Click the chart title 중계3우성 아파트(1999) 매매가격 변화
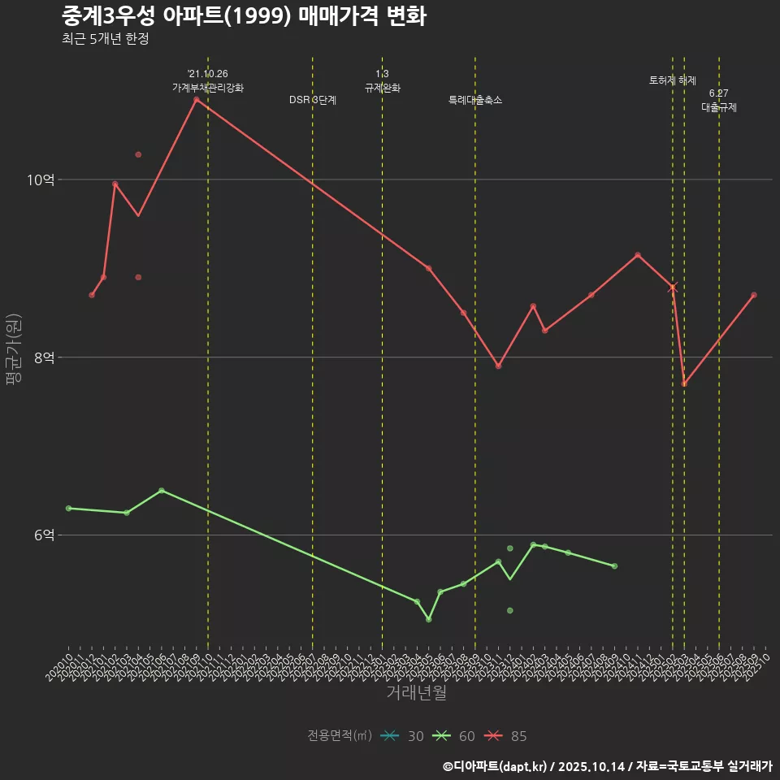pyautogui.click(x=244, y=16)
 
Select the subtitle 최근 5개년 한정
pyautogui.click(x=105, y=39)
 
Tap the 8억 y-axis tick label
pyautogui.click(x=43, y=357)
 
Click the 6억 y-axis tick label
pyautogui.click(x=43, y=535)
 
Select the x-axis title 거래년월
pyautogui.click(x=416, y=693)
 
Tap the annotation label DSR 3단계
pyautogui.click(x=313, y=100)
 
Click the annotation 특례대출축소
pyautogui.click(x=475, y=100)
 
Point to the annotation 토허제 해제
pyautogui.click(x=673, y=80)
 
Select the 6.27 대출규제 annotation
pyautogui.click(x=719, y=101)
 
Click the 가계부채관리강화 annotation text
pyautogui.click(x=208, y=87)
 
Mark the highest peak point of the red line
pyautogui.click(x=197, y=99)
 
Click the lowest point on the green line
pyautogui.click(x=429, y=619)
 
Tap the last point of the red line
pyautogui.click(x=754, y=295)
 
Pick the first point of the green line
pyautogui.click(x=69, y=509)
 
